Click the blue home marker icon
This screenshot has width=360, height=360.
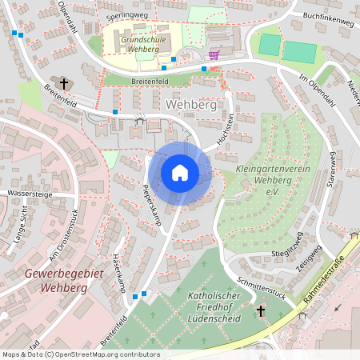tap(180, 172)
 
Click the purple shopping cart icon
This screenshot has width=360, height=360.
tap(214, 54)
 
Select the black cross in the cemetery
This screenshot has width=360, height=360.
tap(260, 311)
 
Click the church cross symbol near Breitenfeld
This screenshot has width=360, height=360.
tap(64, 83)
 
